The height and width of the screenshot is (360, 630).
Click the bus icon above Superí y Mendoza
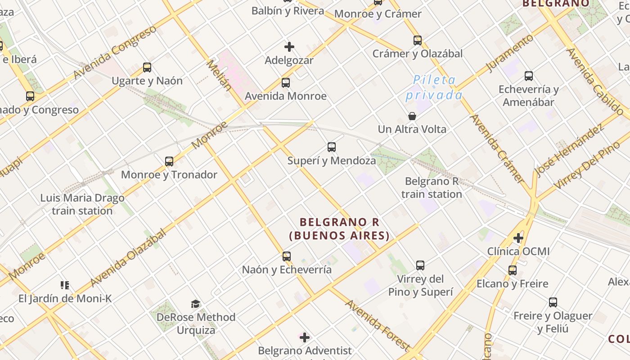(x=332, y=147)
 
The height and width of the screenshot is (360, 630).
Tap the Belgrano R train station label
(x=432, y=188)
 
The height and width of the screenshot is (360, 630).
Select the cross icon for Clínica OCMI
(x=518, y=238)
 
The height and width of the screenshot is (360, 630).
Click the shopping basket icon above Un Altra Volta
(x=412, y=116)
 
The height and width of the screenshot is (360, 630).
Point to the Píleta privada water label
(x=434, y=88)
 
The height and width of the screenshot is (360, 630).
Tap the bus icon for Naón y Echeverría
(x=287, y=256)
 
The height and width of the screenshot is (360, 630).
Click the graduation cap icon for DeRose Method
(x=195, y=304)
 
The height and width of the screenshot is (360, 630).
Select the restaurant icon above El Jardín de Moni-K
(x=65, y=285)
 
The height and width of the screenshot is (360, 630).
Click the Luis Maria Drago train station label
(x=82, y=204)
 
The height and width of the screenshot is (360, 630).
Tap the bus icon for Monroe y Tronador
(x=169, y=161)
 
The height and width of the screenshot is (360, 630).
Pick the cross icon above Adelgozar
(x=289, y=47)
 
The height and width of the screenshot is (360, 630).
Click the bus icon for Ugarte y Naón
(x=147, y=67)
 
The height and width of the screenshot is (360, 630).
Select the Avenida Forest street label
(x=377, y=324)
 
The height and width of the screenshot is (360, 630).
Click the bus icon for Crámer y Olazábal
(x=418, y=40)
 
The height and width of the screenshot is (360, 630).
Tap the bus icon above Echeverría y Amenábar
(x=529, y=76)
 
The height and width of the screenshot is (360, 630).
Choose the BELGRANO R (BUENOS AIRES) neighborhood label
(x=339, y=229)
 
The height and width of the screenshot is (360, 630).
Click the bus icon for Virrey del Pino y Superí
(x=420, y=265)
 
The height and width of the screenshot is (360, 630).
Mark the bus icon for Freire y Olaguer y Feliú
(x=553, y=302)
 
